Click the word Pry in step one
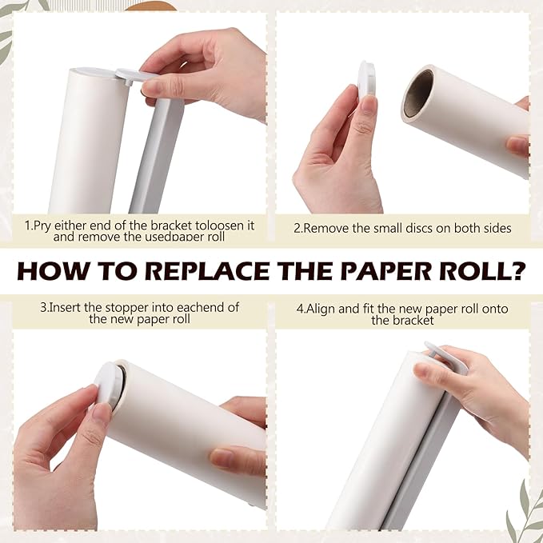point(44,226)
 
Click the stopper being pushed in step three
point(108,388)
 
